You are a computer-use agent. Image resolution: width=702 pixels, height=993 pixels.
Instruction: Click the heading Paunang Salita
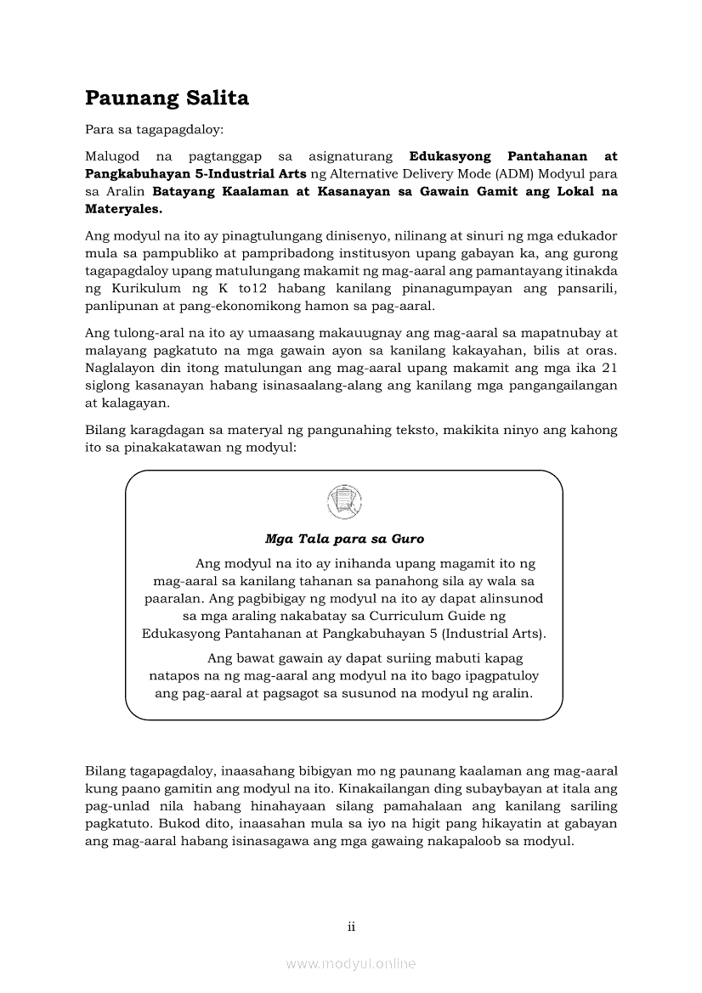(x=167, y=99)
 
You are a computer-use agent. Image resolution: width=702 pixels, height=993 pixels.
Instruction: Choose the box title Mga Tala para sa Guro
(x=344, y=539)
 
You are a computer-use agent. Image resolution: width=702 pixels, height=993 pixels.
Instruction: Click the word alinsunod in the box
(x=513, y=598)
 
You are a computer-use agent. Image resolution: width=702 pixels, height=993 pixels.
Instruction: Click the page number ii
(x=351, y=926)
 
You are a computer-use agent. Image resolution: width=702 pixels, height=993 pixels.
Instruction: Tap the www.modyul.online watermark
(x=351, y=963)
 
